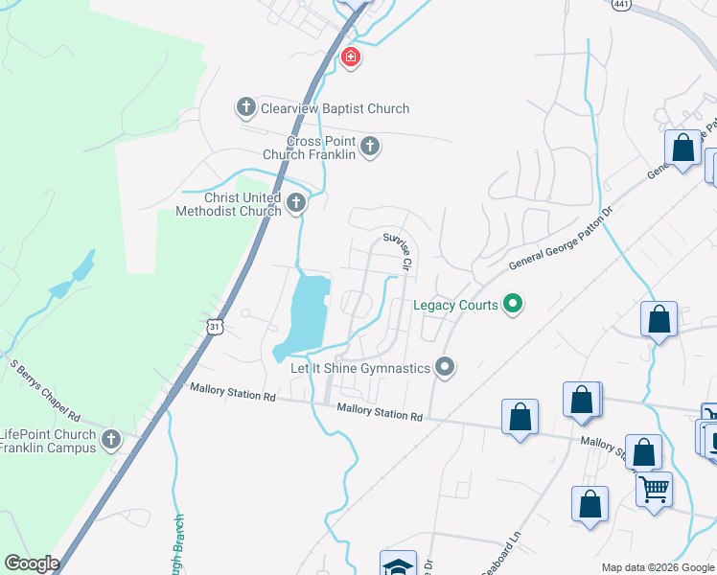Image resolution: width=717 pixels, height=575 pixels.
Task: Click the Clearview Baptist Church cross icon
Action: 245,107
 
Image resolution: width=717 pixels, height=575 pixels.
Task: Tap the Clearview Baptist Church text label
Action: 335,108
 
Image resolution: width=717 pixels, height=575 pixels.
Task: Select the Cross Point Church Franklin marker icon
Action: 371,147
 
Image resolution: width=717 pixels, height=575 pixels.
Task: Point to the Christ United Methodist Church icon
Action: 296,203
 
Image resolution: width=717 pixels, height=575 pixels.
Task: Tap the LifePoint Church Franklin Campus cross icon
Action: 111,441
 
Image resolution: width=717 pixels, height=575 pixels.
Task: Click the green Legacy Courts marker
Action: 513,305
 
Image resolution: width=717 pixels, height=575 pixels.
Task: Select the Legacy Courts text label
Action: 455,306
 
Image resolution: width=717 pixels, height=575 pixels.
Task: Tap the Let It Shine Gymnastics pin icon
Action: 443,366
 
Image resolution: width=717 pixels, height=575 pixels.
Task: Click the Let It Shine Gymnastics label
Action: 360,368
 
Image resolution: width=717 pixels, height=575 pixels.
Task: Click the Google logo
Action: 32,563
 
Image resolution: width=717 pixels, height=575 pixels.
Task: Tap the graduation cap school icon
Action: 398,563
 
